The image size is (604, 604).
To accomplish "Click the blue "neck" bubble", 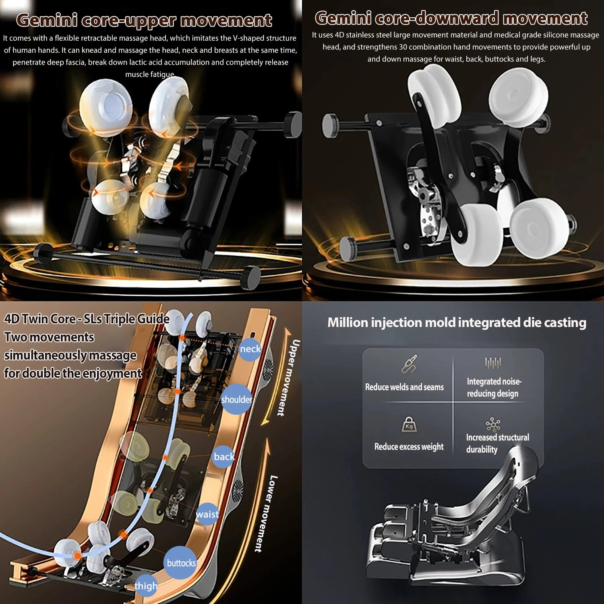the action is point(250,349).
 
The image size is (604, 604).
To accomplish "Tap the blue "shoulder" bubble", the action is point(237,399).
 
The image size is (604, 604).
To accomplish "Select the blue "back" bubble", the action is point(223,457).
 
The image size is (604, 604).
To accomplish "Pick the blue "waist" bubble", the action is point(208,514).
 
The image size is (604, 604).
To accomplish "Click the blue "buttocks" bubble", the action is point(181,563).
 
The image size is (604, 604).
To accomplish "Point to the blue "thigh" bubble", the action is point(146,586).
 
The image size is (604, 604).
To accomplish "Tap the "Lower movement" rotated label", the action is point(267,514).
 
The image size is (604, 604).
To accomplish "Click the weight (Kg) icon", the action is point(409,424).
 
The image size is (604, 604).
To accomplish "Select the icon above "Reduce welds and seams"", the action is point(410,364).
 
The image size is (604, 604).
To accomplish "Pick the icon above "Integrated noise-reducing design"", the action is point(493,363).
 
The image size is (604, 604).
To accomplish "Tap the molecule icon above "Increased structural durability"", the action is point(493,424).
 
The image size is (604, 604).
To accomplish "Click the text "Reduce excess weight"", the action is point(409,447).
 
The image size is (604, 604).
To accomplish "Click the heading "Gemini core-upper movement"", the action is point(144,20).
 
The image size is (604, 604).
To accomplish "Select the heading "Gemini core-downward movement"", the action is point(451,18).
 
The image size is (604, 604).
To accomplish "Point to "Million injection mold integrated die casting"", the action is point(457,323).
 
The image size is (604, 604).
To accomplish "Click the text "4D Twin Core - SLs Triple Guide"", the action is point(87,319).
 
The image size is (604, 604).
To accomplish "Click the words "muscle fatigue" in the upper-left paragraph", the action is point(150,74).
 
